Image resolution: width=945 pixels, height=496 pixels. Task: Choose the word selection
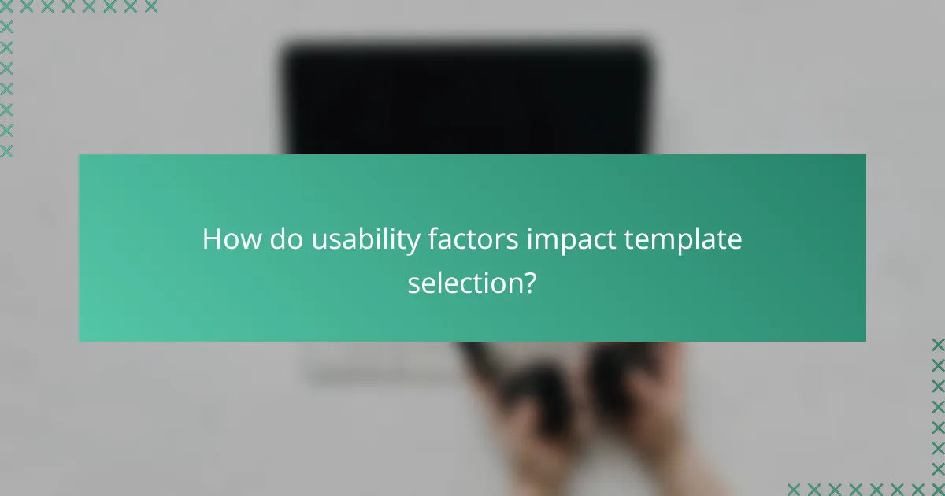click(463, 282)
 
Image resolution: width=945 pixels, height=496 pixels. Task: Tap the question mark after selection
click(530, 282)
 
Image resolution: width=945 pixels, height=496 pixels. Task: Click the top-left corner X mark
click(6, 7)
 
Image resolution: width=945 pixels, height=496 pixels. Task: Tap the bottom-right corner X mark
click(938, 489)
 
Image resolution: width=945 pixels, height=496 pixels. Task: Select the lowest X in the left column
click(6, 150)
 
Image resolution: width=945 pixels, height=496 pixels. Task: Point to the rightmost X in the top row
click(150, 7)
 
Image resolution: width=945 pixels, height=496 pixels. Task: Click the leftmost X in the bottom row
click(795, 489)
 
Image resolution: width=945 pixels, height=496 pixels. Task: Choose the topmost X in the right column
click(938, 345)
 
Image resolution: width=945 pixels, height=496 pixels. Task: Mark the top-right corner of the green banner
click(865, 155)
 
